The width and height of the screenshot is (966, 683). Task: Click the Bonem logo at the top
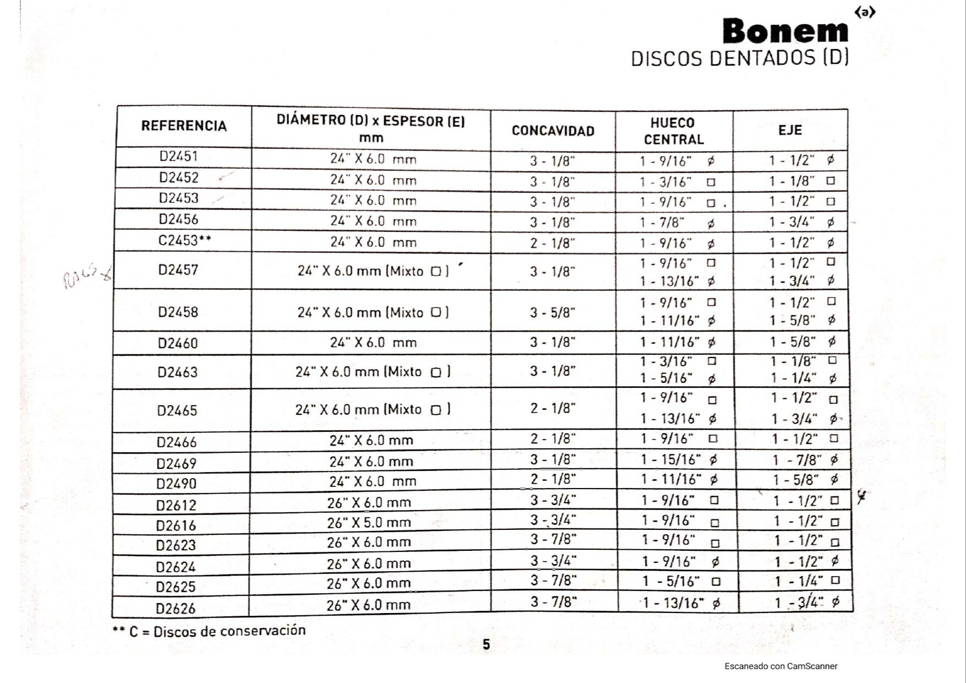[785, 31]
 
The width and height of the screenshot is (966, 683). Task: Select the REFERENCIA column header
[184, 126]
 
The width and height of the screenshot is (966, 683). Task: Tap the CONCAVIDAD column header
[553, 131]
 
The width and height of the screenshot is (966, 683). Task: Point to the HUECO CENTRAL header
[673, 131]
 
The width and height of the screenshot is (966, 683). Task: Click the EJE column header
[790, 131]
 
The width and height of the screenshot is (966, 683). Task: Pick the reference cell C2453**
[184, 241]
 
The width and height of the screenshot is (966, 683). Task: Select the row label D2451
[178, 156]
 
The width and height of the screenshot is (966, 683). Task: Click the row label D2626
[176, 608]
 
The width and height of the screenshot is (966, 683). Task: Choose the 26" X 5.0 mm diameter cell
[369, 522]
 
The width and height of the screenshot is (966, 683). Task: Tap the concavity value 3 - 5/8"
[553, 313]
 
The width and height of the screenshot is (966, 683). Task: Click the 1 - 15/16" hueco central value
[671, 459]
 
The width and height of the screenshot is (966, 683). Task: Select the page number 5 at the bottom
[486, 644]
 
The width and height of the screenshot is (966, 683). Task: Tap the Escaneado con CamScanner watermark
[781, 666]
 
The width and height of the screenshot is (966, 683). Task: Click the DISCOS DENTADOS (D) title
[739, 58]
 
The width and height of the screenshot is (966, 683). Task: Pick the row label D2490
[176, 484]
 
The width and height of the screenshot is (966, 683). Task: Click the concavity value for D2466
[553, 439]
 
